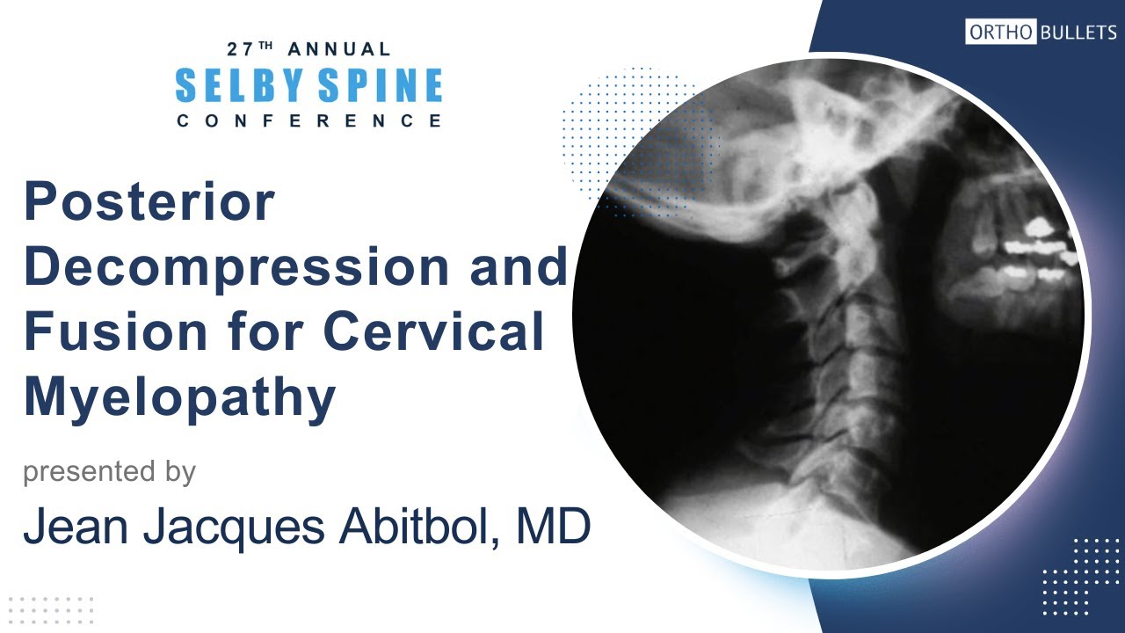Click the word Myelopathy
180,397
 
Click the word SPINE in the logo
381,85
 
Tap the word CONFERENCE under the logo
308,120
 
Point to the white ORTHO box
1000,33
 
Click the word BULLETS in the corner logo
1078,33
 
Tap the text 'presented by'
109,472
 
